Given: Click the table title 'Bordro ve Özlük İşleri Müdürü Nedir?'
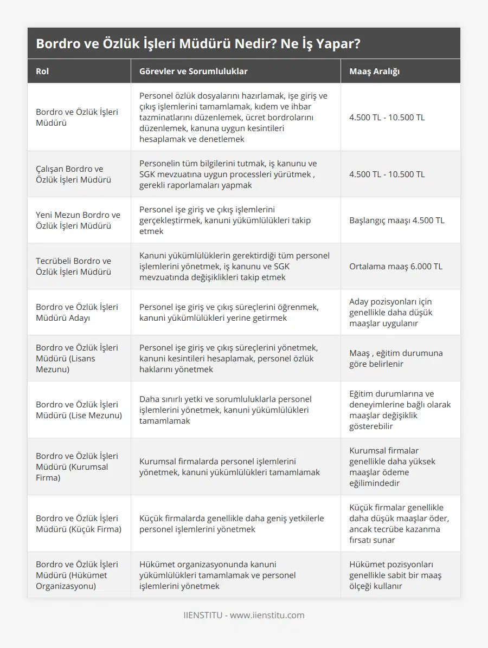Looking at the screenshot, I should pyautogui.click(x=198, y=44).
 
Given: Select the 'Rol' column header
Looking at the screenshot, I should pyautogui.click(x=42, y=72).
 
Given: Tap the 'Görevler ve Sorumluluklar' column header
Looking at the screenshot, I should pyautogui.click(x=193, y=72).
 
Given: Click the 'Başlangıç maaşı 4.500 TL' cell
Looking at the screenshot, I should pyautogui.click(x=396, y=221).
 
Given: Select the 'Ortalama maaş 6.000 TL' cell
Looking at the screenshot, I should pyautogui.click(x=396, y=267).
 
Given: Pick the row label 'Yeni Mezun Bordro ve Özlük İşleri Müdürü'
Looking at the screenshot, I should pyautogui.click(x=78, y=221).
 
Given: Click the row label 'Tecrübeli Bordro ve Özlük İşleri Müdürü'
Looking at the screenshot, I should pyautogui.click(x=74, y=267).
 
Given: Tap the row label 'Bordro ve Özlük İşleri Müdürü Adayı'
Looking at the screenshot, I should pyautogui.click(x=77, y=313).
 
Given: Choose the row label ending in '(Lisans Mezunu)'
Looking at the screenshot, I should pyautogui.click(x=77, y=359).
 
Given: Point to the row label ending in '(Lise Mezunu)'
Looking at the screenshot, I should pyautogui.click(x=78, y=410).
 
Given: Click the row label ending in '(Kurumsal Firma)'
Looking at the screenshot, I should pyautogui.click(x=77, y=467).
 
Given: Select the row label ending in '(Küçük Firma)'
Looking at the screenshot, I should pyautogui.click(x=79, y=524).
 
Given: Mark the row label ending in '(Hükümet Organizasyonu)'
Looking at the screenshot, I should pyautogui.click(x=77, y=575).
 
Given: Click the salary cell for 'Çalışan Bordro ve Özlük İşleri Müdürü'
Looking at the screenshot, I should pyautogui.click(x=387, y=174).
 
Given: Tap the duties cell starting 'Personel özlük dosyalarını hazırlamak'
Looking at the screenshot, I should pyautogui.click(x=234, y=118).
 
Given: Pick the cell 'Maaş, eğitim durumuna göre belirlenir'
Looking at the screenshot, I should pyautogui.click(x=396, y=359).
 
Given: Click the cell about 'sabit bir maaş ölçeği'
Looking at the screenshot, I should pyautogui.click(x=395, y=575).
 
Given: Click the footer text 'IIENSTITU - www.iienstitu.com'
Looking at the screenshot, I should pyautogui.click(x=244, y=615).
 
